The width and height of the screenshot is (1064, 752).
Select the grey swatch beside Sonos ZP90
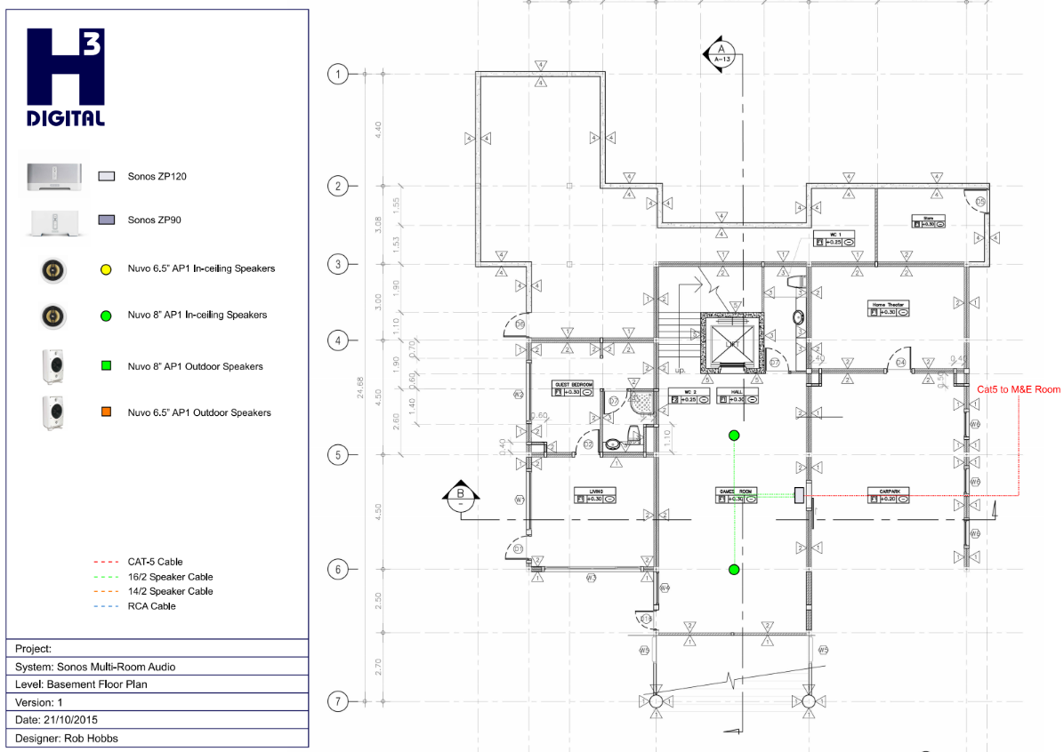(107, 220)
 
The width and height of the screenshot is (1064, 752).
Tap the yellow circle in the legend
(106, 268)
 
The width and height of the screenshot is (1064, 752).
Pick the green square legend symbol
(106, 365)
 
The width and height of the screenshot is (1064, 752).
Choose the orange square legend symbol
(106, 412)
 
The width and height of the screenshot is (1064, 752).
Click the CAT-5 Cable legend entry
(138, 562)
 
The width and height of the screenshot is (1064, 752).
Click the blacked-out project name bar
(138, 649)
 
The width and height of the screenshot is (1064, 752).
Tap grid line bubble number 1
(337, 74)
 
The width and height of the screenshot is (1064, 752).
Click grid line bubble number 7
(337, 701)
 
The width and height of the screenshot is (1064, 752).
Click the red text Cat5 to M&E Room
(1019, 389)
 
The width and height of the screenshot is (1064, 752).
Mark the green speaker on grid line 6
(734, 569)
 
